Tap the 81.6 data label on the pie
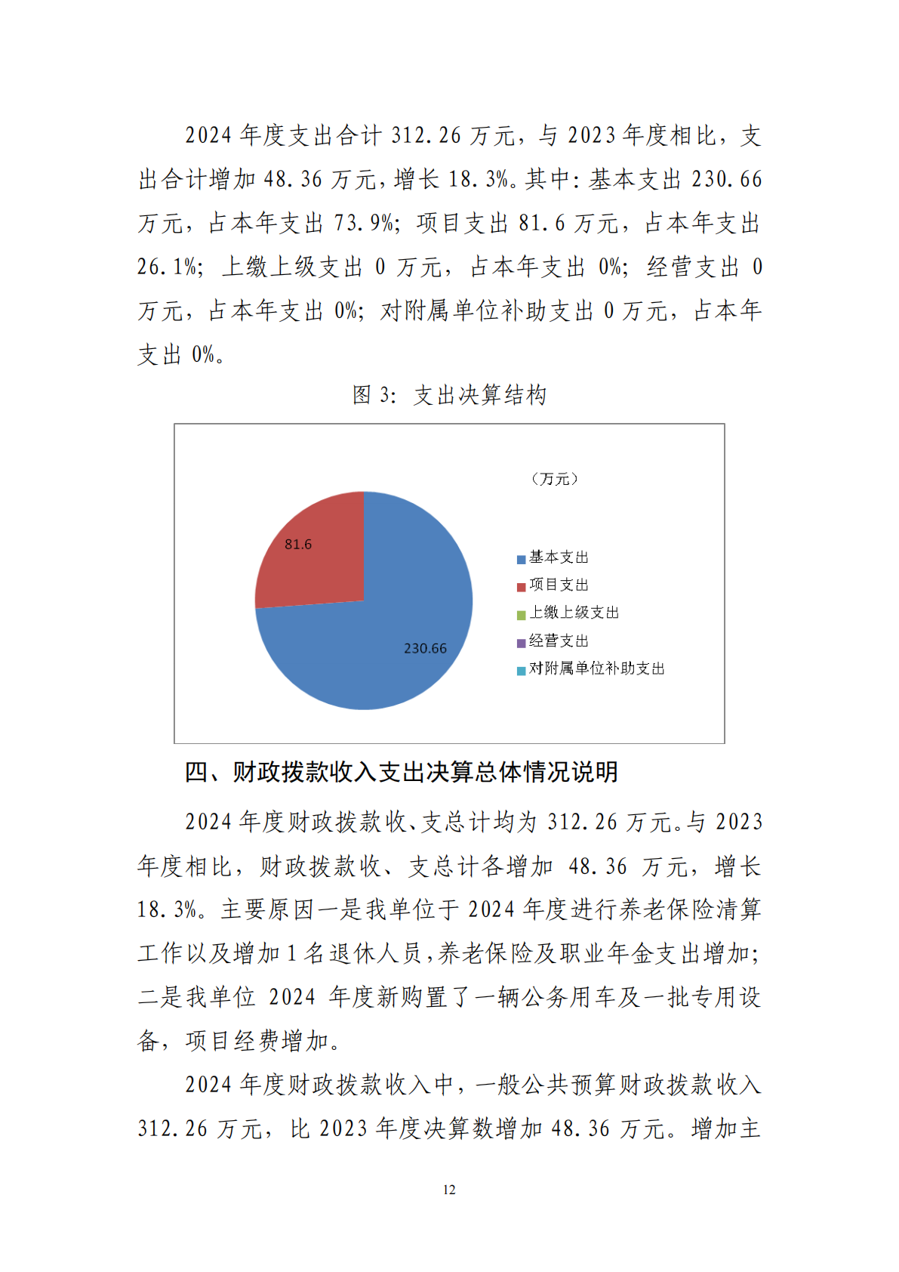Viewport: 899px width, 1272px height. (298, 544)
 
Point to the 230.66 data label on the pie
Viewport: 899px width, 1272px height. (425, 648)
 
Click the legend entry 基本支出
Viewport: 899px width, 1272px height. (559, 557)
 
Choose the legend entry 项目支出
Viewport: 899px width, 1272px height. (559, 585)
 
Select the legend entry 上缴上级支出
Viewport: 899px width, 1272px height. (574, 613)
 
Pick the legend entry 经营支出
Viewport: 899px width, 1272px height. (559, 641)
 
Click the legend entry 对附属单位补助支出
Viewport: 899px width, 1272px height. (596, 668)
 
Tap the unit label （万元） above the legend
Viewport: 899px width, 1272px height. (555, 479)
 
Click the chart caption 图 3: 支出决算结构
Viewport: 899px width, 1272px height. (449, 394)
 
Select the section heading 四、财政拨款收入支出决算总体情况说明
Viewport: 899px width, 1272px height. (402, 771)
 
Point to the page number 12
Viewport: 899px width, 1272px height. (449, 1190)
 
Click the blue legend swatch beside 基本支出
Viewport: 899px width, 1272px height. (521, 560)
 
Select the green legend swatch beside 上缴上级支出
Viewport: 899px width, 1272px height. (521, 616)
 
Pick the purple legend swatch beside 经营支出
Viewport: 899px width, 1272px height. (521, 644)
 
